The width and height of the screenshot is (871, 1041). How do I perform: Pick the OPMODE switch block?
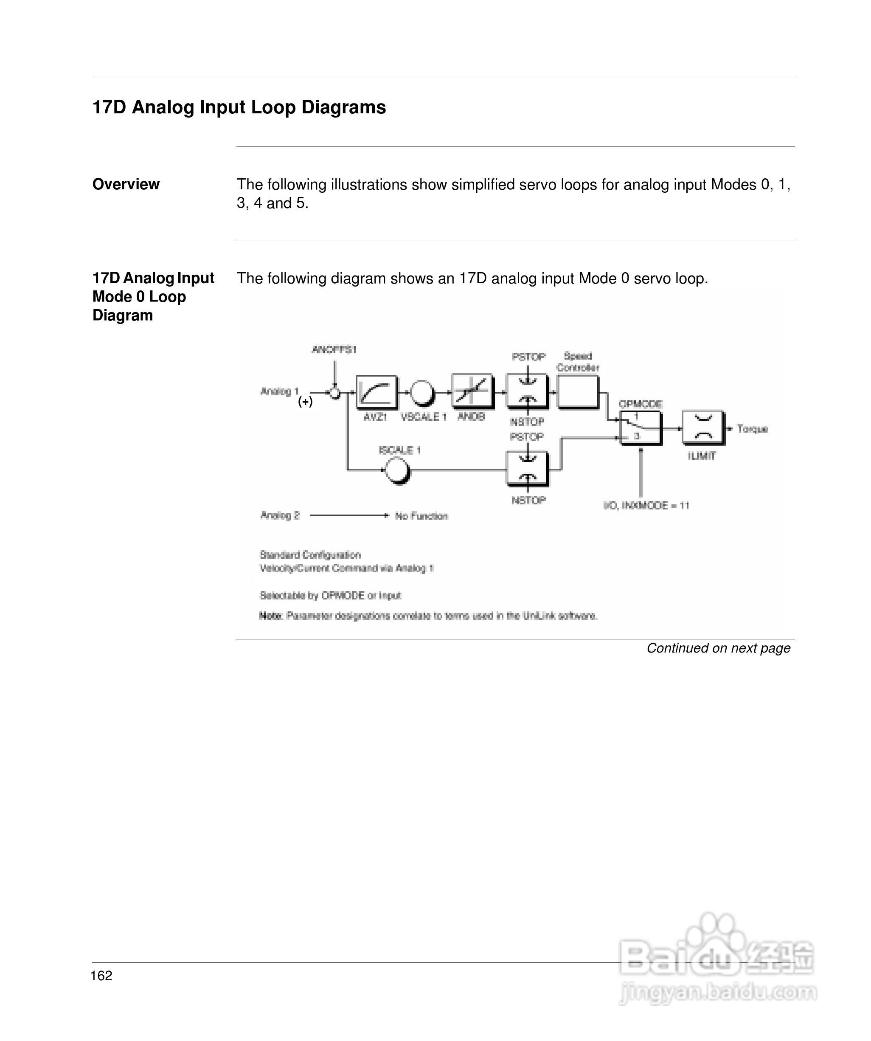(640, 428)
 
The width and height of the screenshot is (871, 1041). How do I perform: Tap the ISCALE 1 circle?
(398, 470)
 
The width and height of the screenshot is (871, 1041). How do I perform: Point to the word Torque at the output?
(752, 429)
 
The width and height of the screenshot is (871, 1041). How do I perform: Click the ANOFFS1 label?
(334, 349)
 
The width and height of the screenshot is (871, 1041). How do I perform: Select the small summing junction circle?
(335, 393)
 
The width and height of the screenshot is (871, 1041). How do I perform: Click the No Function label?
(421, 516)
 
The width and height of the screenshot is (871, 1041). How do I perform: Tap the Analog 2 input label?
(280, 515)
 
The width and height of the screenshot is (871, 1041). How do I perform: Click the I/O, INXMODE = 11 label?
(646, 506)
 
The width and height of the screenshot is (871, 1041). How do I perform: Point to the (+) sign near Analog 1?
(305, 402)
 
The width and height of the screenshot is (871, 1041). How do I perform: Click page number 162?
(101, 976)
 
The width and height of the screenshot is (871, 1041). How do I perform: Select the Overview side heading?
(126, 184)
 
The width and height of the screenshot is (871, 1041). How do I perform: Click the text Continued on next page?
(718, 648)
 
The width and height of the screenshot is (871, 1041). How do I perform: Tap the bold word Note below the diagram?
(270, 616)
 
